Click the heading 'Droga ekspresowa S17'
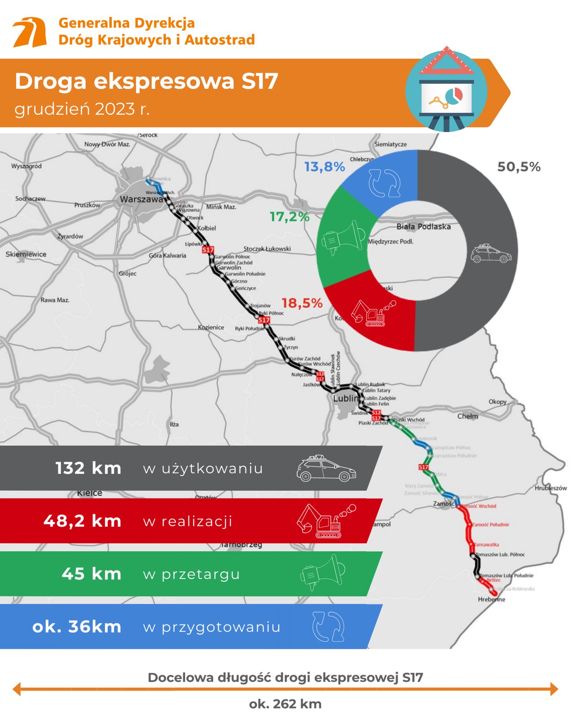pos(146,81)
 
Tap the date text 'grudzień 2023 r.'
pos(82,109)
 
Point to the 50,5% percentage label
pos(519,167)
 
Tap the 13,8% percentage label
pos(324,167)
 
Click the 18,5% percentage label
pos(302,303)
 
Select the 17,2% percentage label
pos(290,217)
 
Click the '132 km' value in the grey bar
pos(88,468)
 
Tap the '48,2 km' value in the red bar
pos(82,521)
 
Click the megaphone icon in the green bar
pos(322,572)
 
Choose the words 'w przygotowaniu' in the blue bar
pos(212,627)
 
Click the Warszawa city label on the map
pos(141,200)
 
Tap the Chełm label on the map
pos(468,416)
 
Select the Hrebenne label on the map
pos(491,599)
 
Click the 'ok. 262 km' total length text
pos(285,704)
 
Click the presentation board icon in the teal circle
pos(446,96)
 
